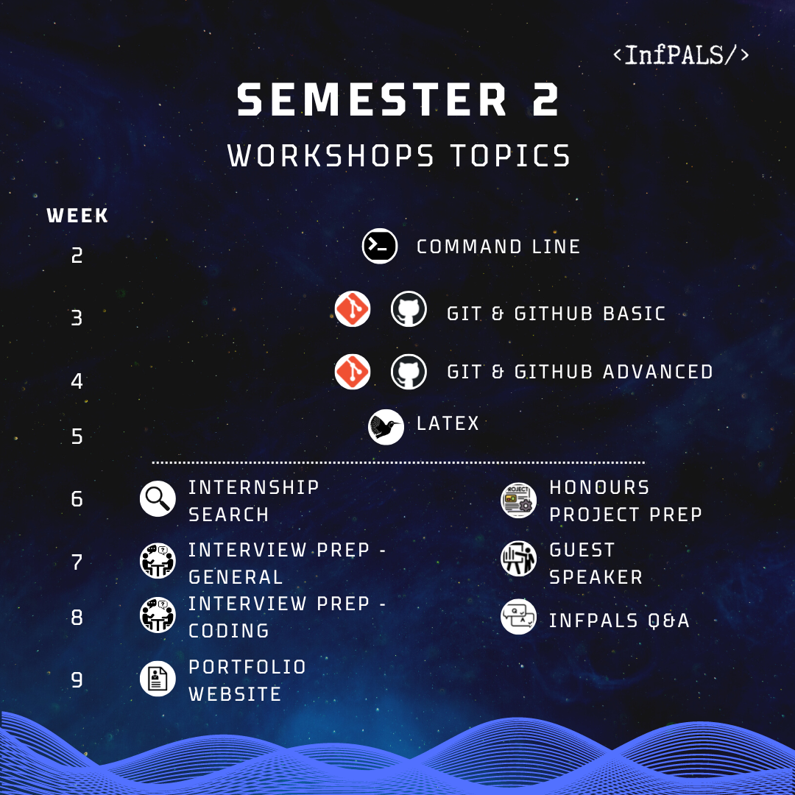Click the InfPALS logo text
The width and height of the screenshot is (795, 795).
coord(680,54)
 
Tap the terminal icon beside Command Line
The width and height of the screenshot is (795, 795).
coord(380,247)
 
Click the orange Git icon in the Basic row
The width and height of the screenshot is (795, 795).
coord(353,308)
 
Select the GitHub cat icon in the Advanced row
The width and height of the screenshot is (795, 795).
coord(409,372)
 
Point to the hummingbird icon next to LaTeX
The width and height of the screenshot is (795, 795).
coord(386,427)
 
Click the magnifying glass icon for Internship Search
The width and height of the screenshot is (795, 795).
coord(158,499)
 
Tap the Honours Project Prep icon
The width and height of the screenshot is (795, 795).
coord(518,501)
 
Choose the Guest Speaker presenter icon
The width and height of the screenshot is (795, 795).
coord(518,559)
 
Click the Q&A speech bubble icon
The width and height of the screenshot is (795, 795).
coord(518,617)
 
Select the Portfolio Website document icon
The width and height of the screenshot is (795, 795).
coord(158,679)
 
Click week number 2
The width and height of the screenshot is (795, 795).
coord(77,255)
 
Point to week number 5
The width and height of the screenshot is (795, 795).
coord(77,437)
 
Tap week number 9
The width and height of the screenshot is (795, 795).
coord(77,680)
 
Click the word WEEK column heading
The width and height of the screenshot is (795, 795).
coord(77,216)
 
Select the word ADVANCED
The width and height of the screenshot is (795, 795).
coord(657,372)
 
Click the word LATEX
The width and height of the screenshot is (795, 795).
coord(448,423)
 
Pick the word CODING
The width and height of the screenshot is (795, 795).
coord(229,631)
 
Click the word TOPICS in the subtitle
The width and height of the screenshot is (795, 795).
coord(510,155)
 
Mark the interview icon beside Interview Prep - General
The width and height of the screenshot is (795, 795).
coord(158,561)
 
